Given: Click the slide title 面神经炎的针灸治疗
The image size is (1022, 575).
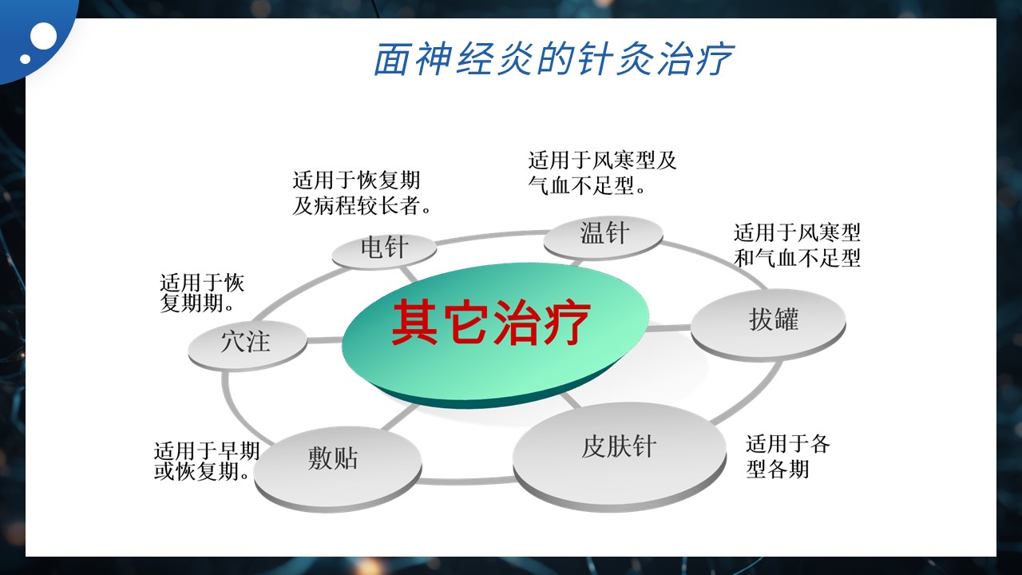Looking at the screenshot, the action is click(x=553, y=59).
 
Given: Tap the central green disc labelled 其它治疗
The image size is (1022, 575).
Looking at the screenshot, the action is click(x=495, y=335).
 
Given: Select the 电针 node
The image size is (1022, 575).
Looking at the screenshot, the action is click(x=384, y=251).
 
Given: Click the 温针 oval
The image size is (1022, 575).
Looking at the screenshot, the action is click(x=603, y=237).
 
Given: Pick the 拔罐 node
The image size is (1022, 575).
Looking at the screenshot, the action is click(x=768, y=325).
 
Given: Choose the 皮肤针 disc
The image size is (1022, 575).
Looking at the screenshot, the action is click(x=619, y=456).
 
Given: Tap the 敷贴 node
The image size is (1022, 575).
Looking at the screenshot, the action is click(x=338, y=469).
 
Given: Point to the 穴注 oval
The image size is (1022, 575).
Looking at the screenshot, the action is click(x=248, y=346).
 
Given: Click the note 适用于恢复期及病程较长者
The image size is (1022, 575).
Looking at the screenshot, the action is click(x=362, y=193).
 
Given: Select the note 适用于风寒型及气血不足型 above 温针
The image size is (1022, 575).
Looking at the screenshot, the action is click(x=602, y=173).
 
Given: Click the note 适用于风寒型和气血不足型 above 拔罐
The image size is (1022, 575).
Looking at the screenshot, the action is click(x=797, y=245).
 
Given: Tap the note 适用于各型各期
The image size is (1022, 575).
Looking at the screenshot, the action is click(x=788, y=456).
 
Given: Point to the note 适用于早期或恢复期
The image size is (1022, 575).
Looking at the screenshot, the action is click(x=207, y=461).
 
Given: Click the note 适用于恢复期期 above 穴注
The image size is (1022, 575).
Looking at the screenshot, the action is click(x=202, y=293).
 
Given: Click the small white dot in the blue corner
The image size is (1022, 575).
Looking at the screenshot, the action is click(x=26, y=58).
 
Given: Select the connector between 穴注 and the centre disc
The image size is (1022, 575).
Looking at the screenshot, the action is click(x=324, y=340).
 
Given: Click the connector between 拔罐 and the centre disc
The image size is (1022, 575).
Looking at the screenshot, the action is click(x=669, y=328).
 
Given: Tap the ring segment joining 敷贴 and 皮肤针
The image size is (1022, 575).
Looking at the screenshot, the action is click(x=466, y=481).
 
